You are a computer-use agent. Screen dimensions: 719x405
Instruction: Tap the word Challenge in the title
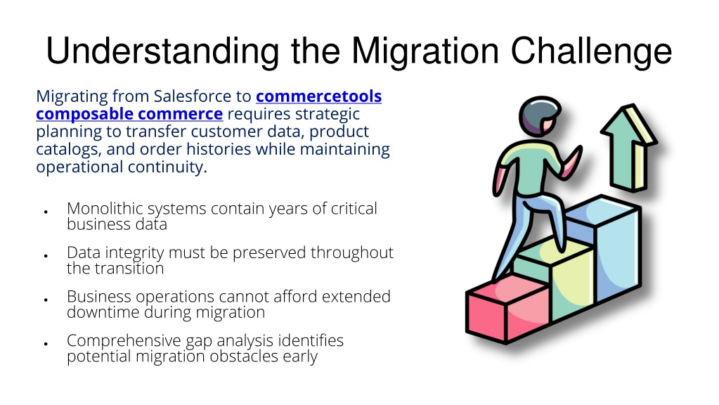[591, 51]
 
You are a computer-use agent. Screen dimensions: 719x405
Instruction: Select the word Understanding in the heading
[163, 51]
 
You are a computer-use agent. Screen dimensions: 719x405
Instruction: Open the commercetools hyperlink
[318, 96]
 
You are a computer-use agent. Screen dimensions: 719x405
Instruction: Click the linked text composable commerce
[129, 114]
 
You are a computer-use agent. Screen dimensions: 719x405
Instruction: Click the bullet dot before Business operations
[46, 300]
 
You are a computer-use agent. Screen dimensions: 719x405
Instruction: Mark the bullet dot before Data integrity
[46, 256]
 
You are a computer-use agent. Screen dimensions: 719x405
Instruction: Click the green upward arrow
[630, 147]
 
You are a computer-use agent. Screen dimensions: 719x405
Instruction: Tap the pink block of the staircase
[507, 308]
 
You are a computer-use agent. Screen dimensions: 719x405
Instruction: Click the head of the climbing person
[540, 115]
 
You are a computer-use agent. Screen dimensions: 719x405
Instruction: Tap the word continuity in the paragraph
[167, 167]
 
